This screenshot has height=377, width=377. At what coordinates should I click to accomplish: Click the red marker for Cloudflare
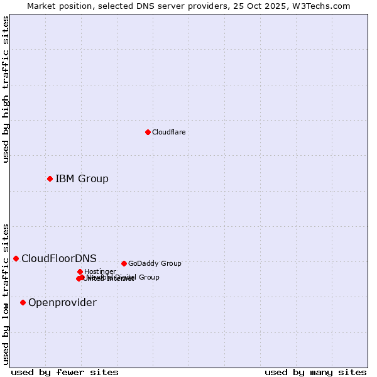pyautogui.click(x=148, y=132)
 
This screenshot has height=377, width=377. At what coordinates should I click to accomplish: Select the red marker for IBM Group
pyautogui.click(x=50, y=178)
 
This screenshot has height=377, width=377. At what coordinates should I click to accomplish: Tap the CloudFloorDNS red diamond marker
pyautogui.click(x=16, y=258)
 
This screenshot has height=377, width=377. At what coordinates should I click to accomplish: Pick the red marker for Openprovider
pyautogui.click(x=23, y=302)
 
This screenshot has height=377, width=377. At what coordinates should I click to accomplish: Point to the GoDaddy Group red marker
pyautogui.click(x=124, y=263)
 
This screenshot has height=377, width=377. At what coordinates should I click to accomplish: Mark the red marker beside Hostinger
pyautogui.click(x=80, y=271)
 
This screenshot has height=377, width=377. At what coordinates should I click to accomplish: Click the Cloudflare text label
pyautogui.click(x=168, y=132)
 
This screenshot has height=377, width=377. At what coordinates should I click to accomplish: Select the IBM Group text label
pyautogui.click(x=82, y=178)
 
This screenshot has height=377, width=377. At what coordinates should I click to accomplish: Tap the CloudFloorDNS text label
pyautogui.click(x=59, y=258)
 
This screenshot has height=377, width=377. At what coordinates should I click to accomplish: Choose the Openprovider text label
pyautogui.click(x=62, y=302)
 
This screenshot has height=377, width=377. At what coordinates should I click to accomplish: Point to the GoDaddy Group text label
pyautogui.click(x=155, y=263)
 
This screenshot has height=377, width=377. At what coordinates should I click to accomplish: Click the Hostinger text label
pyautogui.click(x=100, y=271)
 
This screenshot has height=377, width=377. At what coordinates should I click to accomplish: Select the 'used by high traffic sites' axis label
pyautogui.click(x=6, y=89)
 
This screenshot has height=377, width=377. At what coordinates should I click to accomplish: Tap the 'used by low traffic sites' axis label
pyautogui.click(x=6, y=293)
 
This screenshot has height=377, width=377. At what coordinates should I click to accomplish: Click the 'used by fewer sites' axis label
pyautogui.click(x=65, y=372)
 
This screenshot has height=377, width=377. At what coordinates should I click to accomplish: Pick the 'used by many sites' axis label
pyautogui.click(x=315, y=372)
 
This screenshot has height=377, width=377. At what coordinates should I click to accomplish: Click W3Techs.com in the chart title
pyautogui.click(x=324, y=6)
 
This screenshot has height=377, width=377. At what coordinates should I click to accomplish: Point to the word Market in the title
pyautogui.click(x=42, y=6)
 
